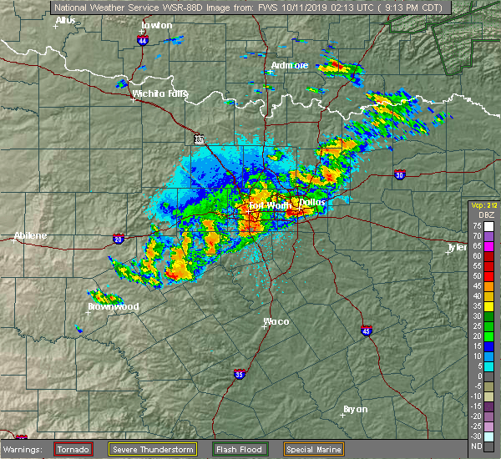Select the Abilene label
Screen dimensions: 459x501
tap(30, 236)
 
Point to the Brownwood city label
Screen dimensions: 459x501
tap(114, 306)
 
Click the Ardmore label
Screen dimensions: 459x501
tap(290, 65)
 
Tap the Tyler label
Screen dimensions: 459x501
tap(458, 247)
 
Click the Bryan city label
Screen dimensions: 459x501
tap(357, 409)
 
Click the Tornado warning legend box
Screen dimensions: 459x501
tap(74, 449)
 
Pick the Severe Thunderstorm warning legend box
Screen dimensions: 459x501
tap(152, 449)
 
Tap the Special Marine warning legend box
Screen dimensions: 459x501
tap(311, 449)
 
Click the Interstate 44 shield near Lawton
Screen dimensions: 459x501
tap(144, 39)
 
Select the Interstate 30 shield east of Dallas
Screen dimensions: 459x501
tap(400, 174)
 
